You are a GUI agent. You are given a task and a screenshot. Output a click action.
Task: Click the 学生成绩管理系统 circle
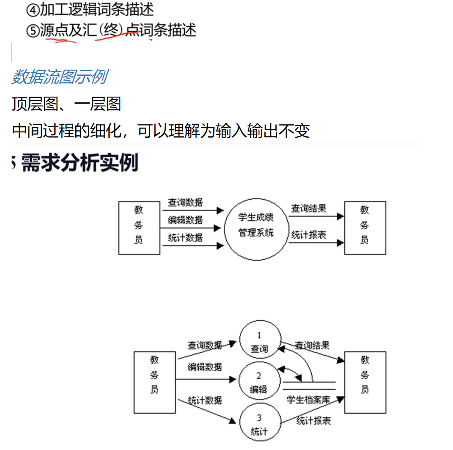point(256,229)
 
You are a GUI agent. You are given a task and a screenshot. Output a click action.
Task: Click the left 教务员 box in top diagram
point(139,228)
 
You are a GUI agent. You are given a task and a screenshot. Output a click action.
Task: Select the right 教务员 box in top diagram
point(365,228)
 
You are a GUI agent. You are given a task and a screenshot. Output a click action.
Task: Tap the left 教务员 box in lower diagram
point(154,382)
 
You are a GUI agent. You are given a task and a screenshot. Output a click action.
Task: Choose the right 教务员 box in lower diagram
point(365,382)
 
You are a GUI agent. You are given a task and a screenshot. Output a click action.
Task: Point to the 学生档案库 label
point(308,400)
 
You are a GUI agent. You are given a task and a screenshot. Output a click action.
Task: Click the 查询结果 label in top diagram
point(308,208)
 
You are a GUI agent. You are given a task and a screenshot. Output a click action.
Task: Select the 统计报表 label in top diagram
point(308,235)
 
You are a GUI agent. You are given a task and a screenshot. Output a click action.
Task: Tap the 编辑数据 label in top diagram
point(185,220)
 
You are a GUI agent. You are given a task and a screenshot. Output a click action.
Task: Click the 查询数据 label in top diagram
point(185,202)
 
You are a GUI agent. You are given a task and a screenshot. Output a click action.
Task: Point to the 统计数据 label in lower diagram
point(205,400)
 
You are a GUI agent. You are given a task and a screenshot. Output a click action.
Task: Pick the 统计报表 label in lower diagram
point(313,421)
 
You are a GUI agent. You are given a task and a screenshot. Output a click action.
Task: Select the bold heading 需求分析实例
point(79,163)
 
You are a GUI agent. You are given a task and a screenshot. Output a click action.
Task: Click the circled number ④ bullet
point(33,10)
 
